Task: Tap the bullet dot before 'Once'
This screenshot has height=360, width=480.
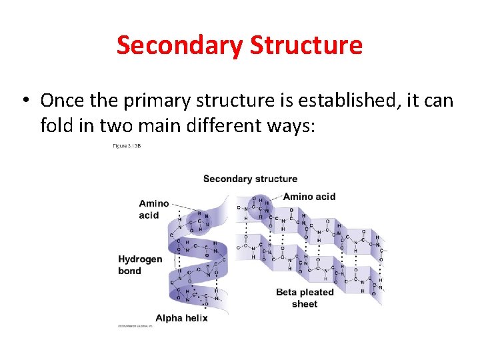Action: click(x=25, y=100)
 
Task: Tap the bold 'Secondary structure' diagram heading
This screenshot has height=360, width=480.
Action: click(x=250, y=179)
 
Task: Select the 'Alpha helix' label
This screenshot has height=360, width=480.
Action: click(x=181, y=318)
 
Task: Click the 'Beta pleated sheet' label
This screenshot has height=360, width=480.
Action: click(x=305, y=298)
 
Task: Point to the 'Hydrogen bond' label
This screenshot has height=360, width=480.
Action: click(x=140, y=265)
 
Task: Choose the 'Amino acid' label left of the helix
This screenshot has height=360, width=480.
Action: click(x=153, y=209)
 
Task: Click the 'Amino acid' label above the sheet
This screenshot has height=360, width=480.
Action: click(x=309, y=197)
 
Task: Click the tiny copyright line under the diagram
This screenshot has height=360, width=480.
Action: click(x=135, y=326)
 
